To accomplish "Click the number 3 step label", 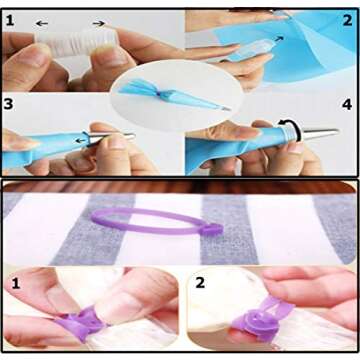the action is (x=8, y=104).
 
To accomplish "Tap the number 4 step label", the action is (x=347, y=105).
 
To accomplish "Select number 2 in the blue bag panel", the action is (x=347, y=21).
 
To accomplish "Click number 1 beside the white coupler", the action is (x=10, y=21).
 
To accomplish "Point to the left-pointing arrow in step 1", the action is (x=42, y=23).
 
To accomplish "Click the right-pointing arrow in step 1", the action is (x=99, y=23).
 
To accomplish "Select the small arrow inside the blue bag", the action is (x=279, y=39).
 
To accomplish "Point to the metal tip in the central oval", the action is (x=224, y=107).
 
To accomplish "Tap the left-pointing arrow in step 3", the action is (x=80, y=140).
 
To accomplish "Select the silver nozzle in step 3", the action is (x=110, y=138).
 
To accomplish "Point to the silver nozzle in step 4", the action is (x=319, y=134).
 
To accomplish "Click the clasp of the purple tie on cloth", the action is (x=211, y=229).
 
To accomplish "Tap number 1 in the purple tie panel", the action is (x=16, y=284).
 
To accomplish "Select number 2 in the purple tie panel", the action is (x=200, y=283).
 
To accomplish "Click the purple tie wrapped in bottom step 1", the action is (x=82, y=323).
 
